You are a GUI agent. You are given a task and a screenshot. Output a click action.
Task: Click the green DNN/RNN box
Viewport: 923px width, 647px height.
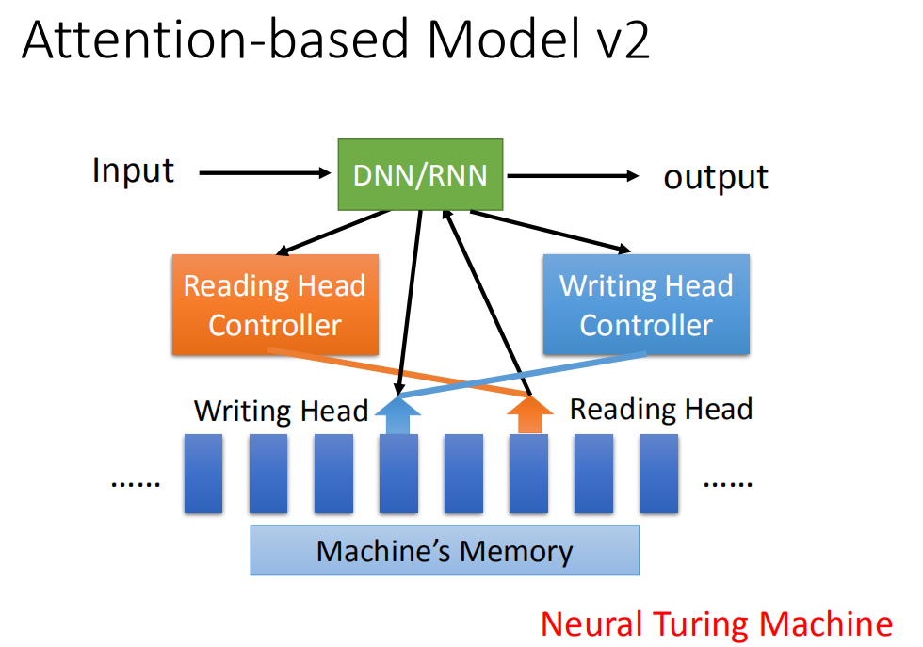420,175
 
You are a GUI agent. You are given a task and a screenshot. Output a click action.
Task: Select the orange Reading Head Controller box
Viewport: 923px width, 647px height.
275,304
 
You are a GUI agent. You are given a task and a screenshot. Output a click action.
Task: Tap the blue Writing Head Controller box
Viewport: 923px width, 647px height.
646,304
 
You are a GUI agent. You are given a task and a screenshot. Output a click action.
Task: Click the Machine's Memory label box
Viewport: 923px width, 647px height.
445,550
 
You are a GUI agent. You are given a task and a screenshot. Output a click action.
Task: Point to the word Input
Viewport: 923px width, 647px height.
133,171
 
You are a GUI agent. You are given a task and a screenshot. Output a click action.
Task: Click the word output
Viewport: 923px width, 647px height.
716,177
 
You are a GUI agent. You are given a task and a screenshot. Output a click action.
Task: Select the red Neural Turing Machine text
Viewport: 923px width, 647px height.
717,624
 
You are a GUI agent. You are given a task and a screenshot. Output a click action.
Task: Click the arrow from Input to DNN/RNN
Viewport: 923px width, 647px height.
266,173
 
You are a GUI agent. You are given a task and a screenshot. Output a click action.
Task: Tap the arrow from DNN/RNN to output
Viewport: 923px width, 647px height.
574,175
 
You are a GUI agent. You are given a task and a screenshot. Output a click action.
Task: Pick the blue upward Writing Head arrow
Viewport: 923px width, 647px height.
397,415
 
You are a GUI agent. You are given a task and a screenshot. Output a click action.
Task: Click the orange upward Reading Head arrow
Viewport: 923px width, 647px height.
529,414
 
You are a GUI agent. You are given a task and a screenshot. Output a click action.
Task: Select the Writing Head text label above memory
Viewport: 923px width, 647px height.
281,411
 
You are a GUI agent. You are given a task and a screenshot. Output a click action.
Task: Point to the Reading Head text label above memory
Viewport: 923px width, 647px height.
661,409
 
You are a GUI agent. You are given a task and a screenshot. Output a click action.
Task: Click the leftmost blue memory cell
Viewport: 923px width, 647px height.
203,474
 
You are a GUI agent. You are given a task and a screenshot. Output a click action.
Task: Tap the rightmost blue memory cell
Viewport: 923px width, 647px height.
658,474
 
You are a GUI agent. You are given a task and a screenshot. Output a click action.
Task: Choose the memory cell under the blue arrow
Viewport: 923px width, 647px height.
398,474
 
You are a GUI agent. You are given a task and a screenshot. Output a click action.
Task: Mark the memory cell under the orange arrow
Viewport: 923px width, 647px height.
528,474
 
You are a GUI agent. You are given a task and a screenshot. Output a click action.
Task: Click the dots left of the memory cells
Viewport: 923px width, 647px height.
136,484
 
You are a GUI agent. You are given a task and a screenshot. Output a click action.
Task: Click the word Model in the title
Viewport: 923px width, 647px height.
502,40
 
